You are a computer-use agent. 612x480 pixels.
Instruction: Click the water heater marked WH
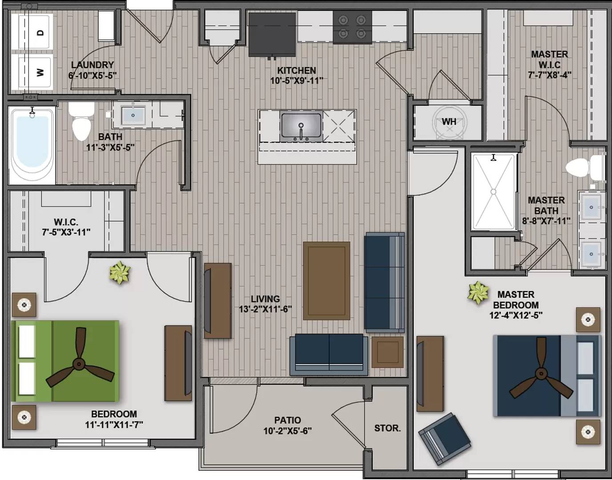point(450,122)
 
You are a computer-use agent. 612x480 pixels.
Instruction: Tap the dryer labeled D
point(35,32)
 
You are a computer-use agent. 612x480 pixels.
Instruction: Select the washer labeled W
point(35,71)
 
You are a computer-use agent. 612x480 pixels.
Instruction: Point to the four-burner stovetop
point(352,27)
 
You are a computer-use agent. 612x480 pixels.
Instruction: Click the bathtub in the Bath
point(32,145)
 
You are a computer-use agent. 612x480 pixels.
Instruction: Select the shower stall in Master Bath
point(494,192)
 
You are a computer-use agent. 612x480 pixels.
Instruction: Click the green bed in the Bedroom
point(65,361)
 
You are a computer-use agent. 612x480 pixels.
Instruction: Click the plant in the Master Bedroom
point(478,293)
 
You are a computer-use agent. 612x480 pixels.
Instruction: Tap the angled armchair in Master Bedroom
point(444,440)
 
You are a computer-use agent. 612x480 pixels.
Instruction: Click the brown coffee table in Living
point(327,281)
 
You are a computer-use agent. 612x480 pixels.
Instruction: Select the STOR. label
point(387,428)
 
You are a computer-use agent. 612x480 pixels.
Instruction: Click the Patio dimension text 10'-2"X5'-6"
point(288,431)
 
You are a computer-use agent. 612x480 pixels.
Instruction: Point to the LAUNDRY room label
point(93,65)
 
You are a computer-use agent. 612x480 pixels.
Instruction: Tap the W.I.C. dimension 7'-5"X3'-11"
point(66,232)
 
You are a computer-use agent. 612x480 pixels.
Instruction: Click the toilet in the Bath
point(81,121)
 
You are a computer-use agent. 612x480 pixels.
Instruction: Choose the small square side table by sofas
point(387,352)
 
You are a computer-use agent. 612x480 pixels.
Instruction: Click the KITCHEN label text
point(297,70)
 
